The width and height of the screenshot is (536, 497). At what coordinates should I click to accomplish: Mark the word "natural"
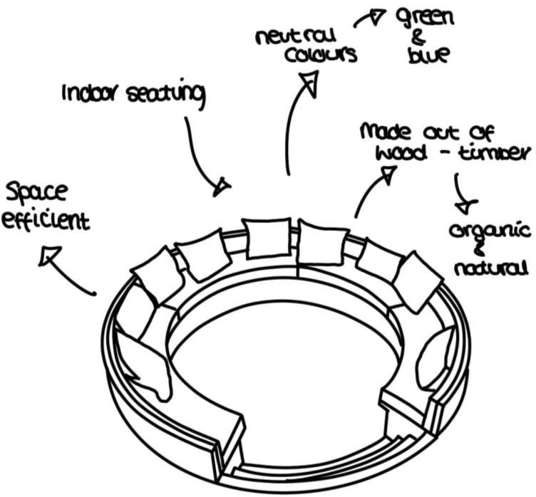[492, 268]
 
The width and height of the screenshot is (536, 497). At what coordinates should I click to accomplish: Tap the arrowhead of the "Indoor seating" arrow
[222, 187]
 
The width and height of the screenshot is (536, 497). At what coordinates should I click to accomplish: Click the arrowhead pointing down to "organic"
[467, 206]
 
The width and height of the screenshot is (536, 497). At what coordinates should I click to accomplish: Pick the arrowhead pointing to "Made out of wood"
[388, 175]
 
